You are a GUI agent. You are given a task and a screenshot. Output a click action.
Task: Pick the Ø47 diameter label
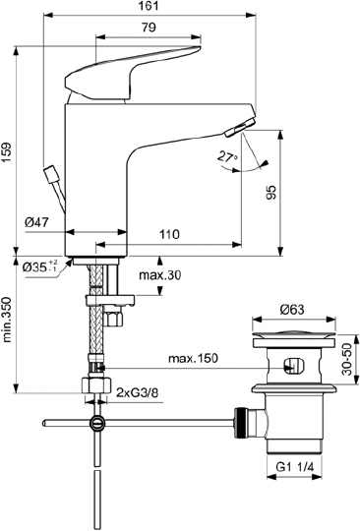[x=37, y=224]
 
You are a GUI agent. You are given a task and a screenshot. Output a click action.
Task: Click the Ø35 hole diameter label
[x=40, y=265]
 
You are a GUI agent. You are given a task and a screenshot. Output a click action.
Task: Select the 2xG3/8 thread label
[x=139, y=393]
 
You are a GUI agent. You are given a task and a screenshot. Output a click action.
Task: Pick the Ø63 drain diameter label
[x=291, y=310]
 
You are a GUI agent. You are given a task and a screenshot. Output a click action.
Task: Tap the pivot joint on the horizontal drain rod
[x=97, y=424]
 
